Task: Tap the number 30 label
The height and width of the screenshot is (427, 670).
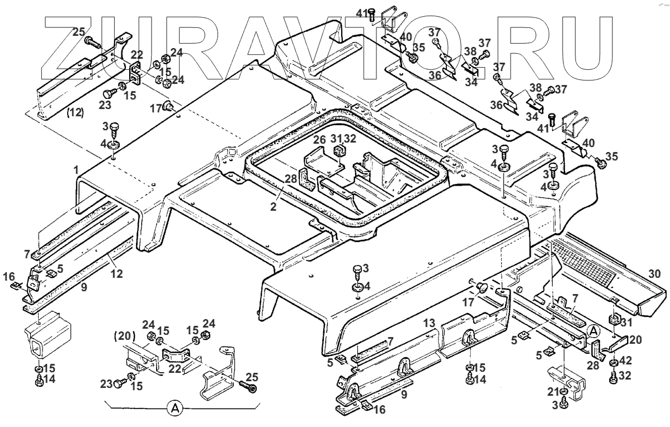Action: (x=655, y=274)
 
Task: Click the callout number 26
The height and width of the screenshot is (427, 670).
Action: (x=318, y=139)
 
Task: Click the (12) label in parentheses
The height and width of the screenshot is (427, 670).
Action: (x=75, y=112)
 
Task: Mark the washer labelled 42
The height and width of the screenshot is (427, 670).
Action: (x=614, y=364)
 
